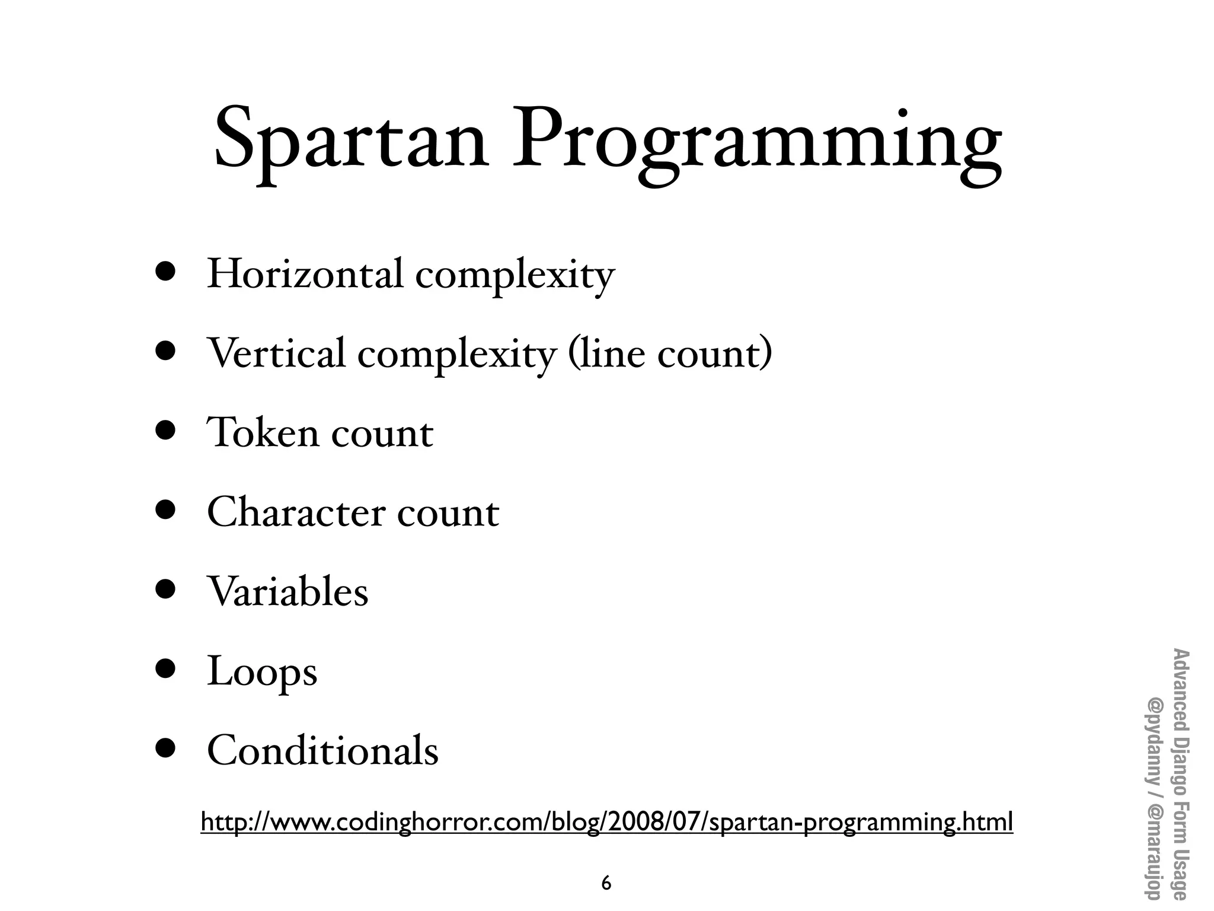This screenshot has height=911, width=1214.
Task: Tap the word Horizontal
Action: (x=305, y=274)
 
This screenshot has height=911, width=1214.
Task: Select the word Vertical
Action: (x=276, y=353)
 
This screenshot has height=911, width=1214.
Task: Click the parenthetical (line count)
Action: (x=670, y=354)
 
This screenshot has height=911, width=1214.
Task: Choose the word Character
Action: (x=296, y=512)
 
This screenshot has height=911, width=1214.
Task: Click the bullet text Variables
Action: (x=287, y=591)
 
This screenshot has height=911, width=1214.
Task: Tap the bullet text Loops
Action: (x=262, y=672)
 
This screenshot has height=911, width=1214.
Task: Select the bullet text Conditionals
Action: (x=322, y=750)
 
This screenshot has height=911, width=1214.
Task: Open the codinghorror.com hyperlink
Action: (x=606, y=822)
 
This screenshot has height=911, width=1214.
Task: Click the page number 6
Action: (x=606, y=883)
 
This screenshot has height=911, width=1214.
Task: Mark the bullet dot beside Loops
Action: (x=166, y=668)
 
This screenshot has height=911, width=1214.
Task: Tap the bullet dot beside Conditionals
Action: (x=166, y=748)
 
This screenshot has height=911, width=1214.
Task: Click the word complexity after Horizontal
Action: (x=515, y=276)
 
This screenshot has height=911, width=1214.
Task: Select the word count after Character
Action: (x=448, y=513)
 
